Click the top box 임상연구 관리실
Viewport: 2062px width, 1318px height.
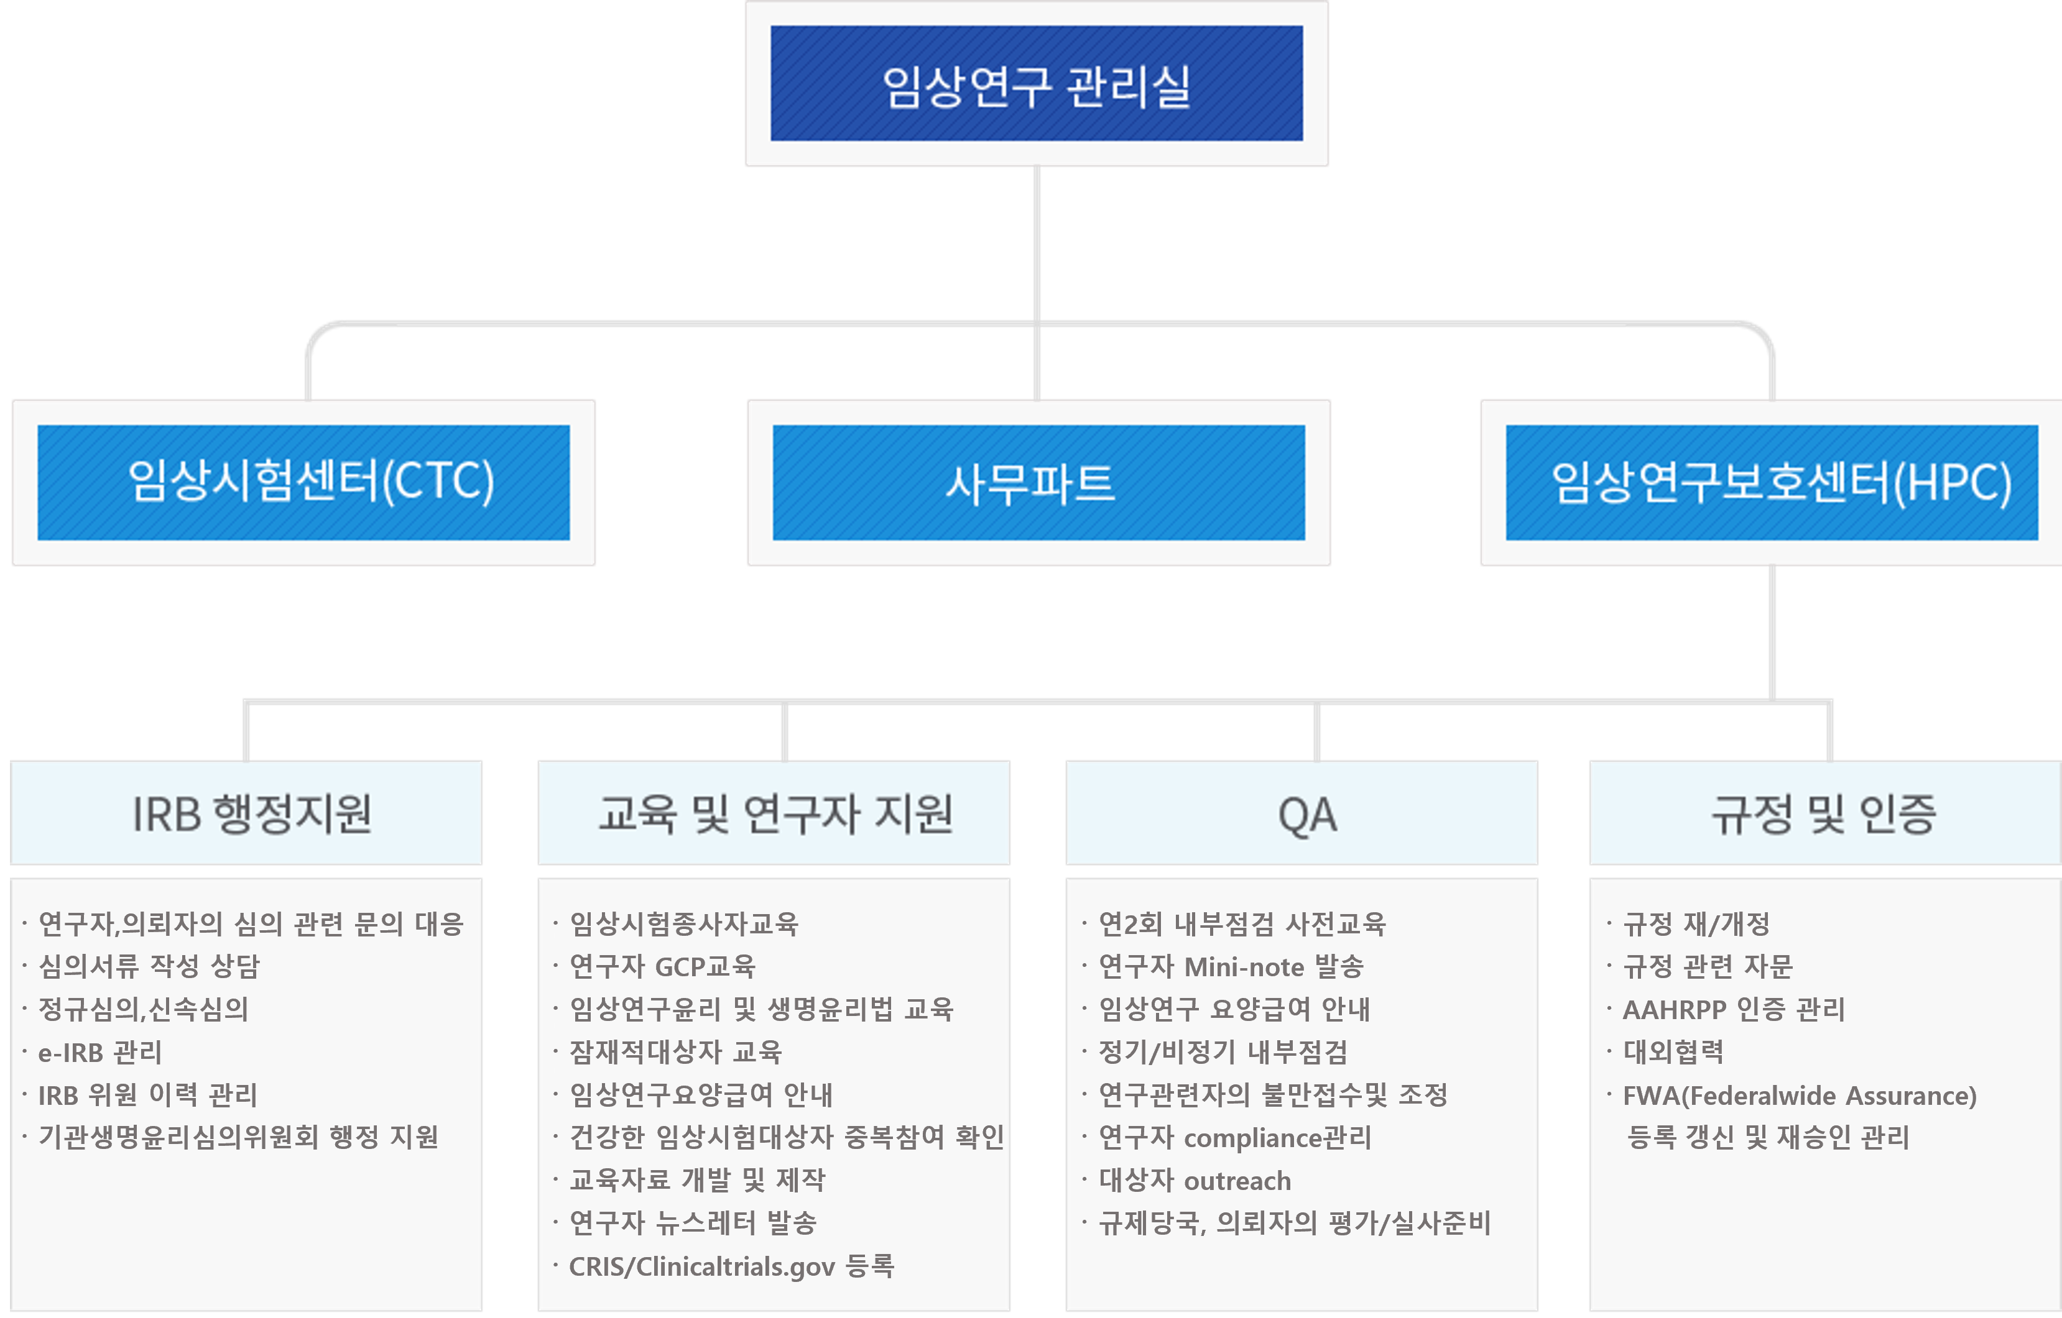point(1036,84)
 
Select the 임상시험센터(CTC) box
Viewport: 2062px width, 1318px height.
point(304,482)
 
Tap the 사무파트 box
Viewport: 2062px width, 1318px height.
point(1038,482)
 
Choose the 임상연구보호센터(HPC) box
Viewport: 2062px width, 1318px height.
point(1771,482)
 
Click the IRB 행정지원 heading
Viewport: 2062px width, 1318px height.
point(250,813)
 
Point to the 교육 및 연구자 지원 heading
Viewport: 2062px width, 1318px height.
point(774,813)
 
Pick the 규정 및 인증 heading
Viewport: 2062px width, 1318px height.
point(1824,813)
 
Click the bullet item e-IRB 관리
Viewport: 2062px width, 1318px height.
point(99,1052)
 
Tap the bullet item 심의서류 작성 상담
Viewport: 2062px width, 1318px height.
point(149,966)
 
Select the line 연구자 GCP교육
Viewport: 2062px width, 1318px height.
point(662,966)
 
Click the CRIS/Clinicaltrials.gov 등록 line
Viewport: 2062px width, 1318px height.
point(731,1266)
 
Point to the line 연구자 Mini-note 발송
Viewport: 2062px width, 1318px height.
point(1231,966)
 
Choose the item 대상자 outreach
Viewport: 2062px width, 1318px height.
point(1195,1180)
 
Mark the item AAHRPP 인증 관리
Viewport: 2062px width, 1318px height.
point(1734,1009)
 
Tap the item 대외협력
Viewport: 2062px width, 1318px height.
point(1673,1052)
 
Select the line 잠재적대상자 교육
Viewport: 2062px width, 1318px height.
point(676,1052)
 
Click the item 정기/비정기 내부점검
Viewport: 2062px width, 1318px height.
point(1223,1052)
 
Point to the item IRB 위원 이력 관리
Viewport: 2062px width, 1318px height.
point(147,1095)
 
